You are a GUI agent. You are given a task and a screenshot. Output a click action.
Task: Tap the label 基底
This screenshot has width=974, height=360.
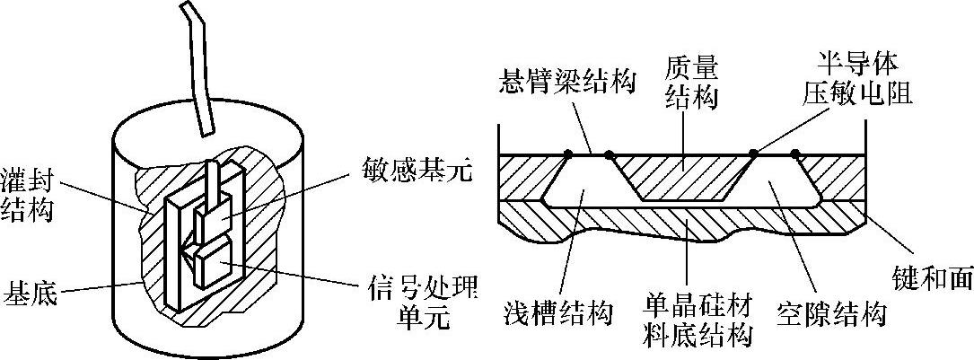31,294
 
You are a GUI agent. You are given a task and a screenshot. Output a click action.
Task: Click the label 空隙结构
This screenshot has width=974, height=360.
830,314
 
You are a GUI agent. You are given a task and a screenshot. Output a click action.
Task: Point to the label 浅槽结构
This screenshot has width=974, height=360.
557,314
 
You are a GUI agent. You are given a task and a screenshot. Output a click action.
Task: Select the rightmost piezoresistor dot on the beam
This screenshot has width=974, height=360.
796,154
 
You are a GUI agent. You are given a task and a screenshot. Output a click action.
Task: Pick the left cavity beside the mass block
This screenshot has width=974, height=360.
584,184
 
